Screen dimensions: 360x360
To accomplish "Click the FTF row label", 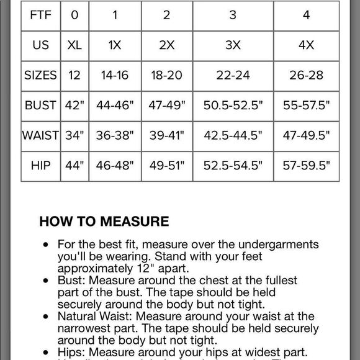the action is [41, 15].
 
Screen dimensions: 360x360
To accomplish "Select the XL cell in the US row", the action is [74, 45].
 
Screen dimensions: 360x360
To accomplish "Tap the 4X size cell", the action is [306, 45].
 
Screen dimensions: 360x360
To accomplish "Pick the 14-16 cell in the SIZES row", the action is [115, 75].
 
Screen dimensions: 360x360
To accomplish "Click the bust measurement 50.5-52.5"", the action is [232, 106].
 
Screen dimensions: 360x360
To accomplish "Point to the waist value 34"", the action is [74, 135].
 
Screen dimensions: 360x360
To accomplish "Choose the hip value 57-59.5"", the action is [306, 166].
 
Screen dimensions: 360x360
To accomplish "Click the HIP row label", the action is [41, 166].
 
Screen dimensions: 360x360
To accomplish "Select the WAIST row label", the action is [41, 135].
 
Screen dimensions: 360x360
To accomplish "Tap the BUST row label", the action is [41, 106].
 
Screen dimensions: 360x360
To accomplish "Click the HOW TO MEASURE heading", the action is [104, 221].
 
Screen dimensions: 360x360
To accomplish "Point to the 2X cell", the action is [166, 45].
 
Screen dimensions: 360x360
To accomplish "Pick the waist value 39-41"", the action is [166, 135].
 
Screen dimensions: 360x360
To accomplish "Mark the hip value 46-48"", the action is [115, 166].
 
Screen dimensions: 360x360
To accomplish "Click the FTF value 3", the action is [232, 15].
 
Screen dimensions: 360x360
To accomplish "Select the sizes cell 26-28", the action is [306, 75].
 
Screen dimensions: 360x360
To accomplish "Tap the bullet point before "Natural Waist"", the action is [45, 317].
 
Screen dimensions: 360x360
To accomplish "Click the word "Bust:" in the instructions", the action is [70, 281].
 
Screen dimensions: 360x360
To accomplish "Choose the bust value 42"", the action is [74, 106].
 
